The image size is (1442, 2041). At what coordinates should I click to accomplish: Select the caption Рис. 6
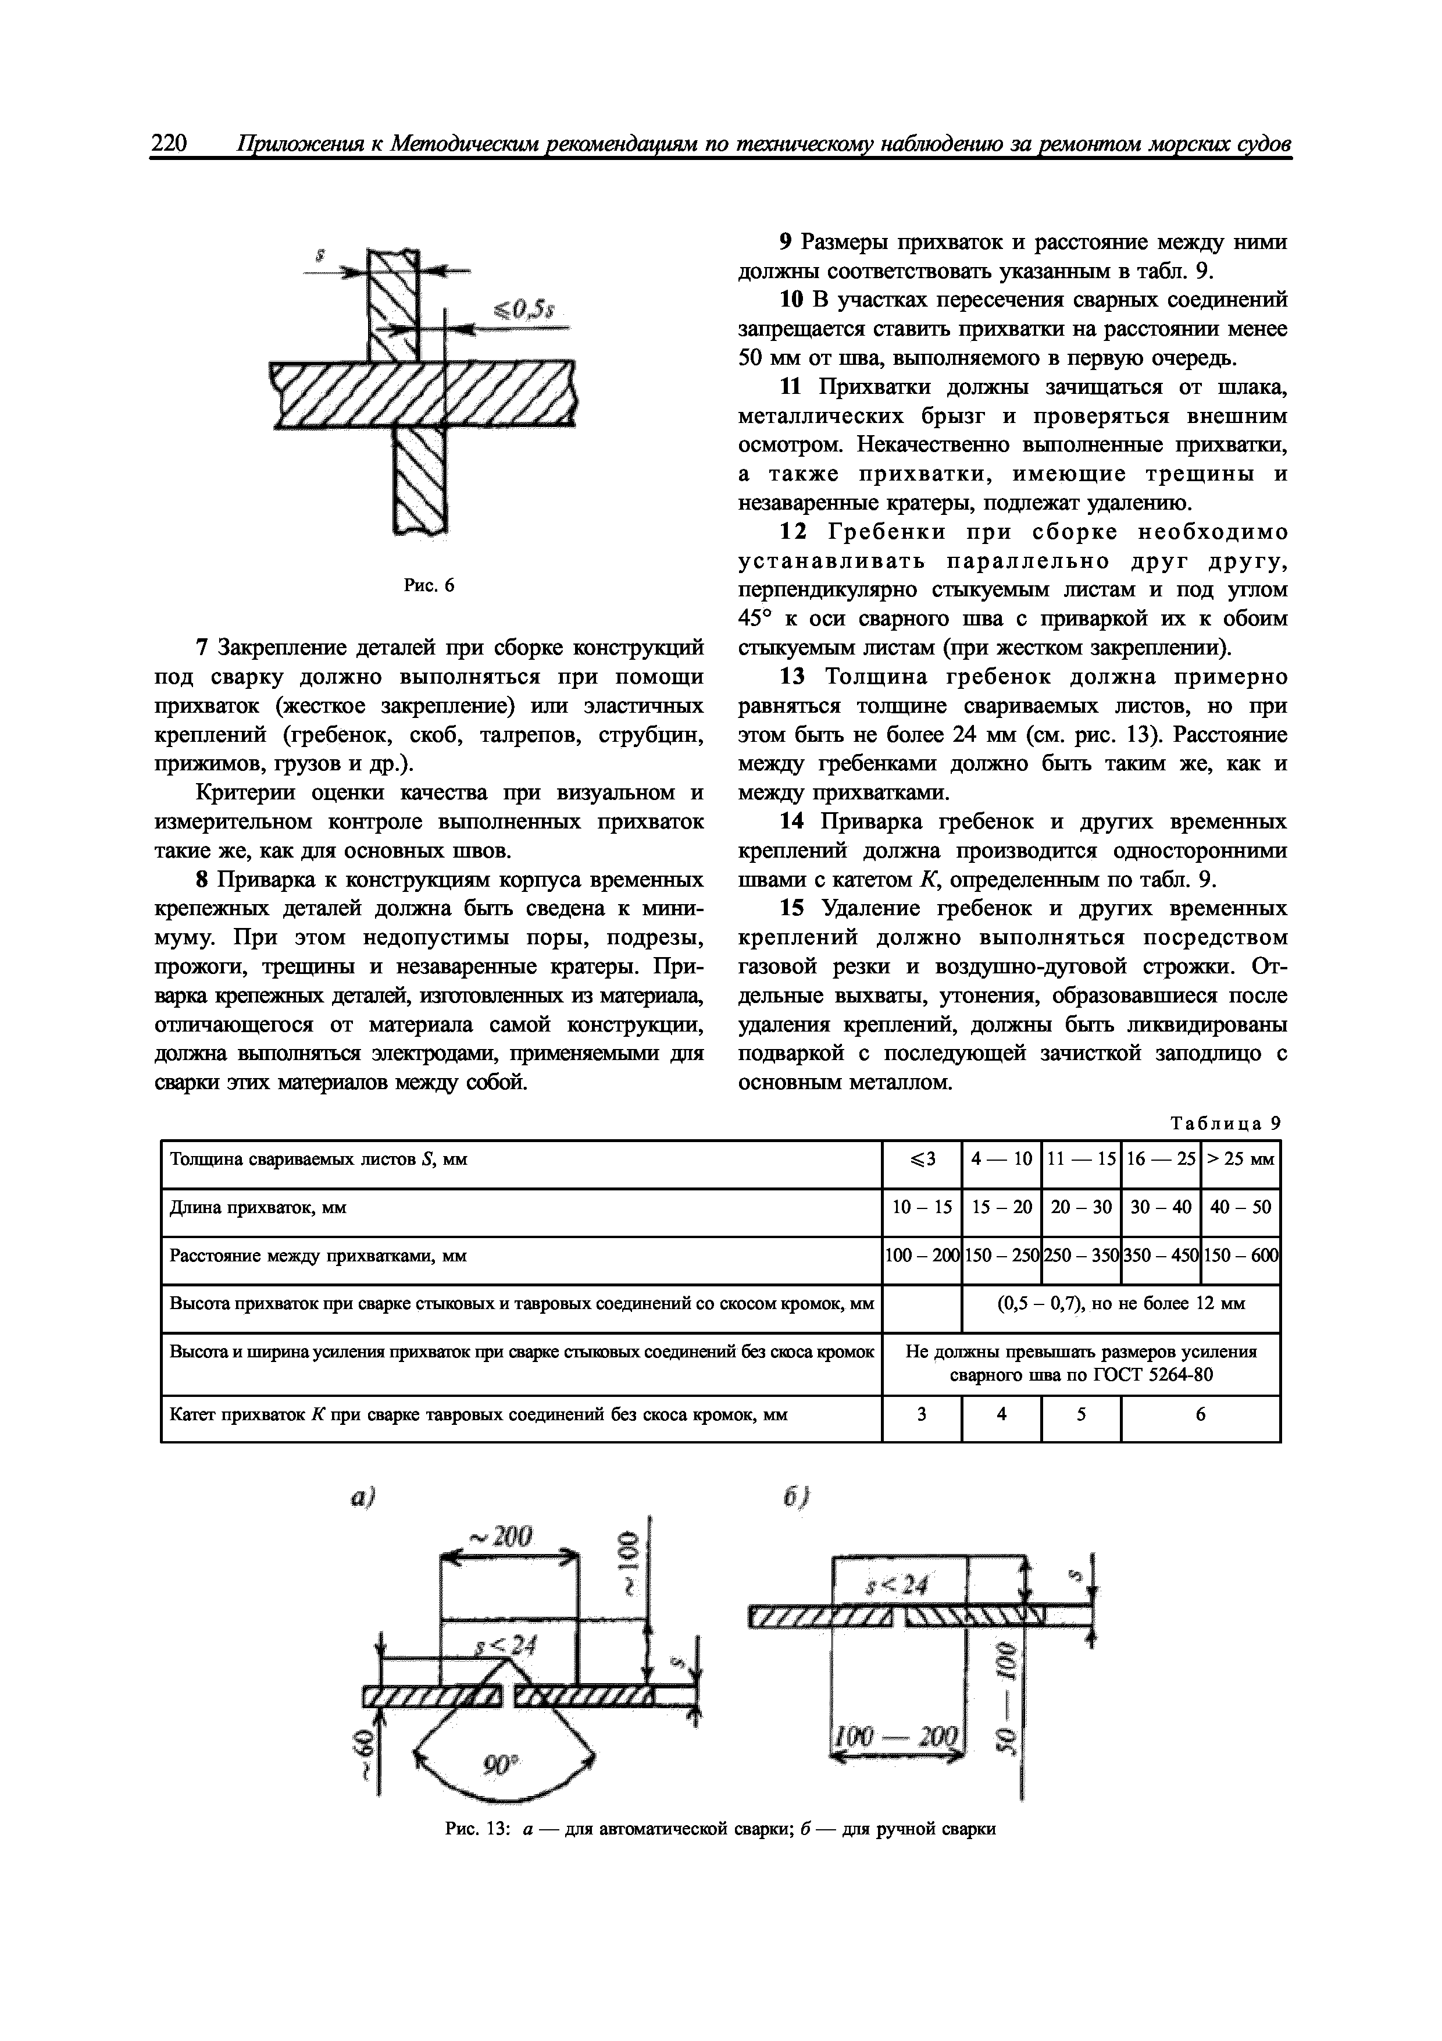click(x=429, y=585)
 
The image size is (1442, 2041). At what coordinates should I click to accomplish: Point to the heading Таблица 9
click(x=1226, y=1123)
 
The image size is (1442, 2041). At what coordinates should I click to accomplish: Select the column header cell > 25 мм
click(x=1240, y=1159)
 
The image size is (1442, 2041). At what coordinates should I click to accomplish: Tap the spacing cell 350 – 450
click(x=1161, y=1256)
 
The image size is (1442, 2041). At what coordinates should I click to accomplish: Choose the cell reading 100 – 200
click(x=922, y=1256)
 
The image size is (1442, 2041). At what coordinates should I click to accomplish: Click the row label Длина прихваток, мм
click(x=258, y=1207)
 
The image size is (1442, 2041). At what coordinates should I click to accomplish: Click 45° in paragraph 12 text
click(x=755, y=618)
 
